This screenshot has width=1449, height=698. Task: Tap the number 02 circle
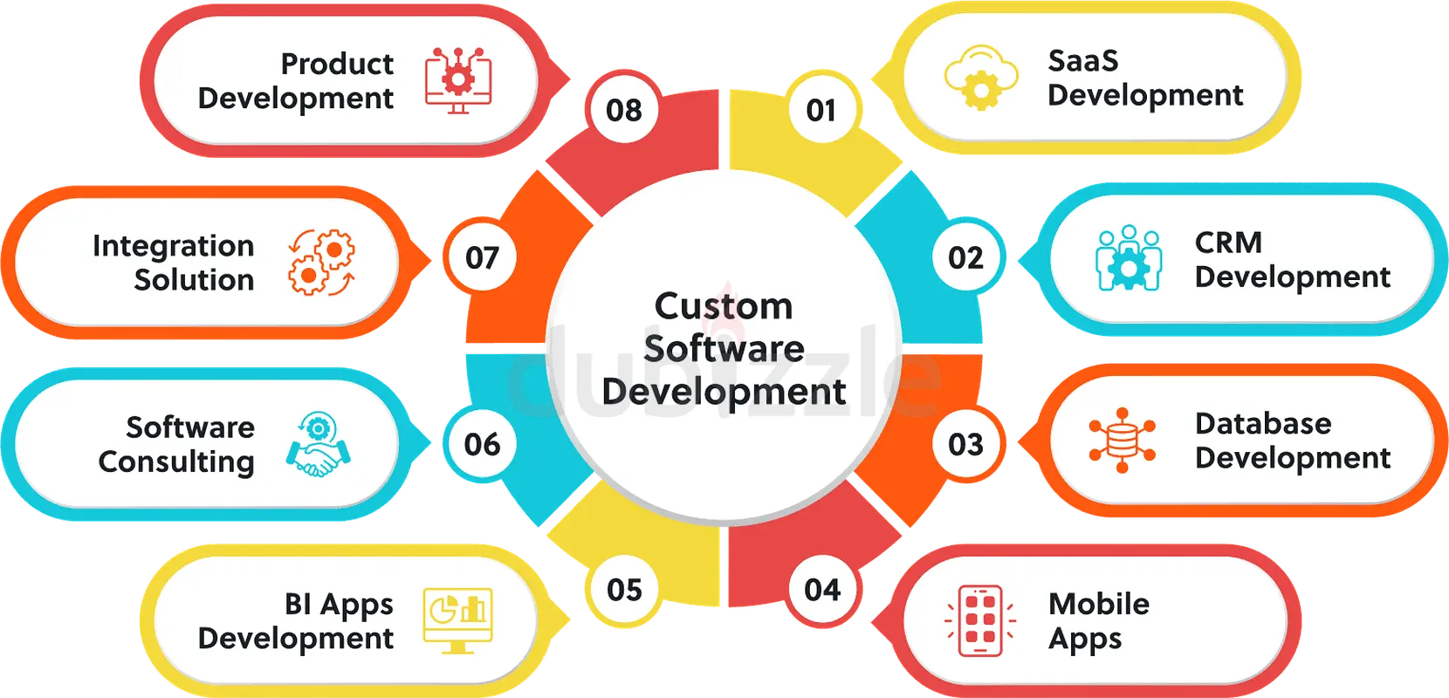pos(966,257)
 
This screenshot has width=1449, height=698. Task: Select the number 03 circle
pos(966,443)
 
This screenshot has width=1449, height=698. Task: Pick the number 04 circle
pos(822,590)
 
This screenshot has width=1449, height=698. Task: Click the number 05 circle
pos(624,590)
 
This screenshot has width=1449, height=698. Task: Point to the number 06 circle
pos(482,443)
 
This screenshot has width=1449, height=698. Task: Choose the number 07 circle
pos(482,257)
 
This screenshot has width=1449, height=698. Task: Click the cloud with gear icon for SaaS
pos(980,78)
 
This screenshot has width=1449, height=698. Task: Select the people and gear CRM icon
pos(1129,258)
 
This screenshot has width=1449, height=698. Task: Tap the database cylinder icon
pos(1123,440)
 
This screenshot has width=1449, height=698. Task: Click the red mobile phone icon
pos(980,621)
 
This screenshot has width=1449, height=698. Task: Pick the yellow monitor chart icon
pos(458,620)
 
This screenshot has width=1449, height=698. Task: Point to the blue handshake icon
pos(319,444)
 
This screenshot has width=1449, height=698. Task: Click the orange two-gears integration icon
pos(321,262)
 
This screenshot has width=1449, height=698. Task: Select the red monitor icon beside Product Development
pos(458,80)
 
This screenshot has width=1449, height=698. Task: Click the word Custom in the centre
pos(724,305)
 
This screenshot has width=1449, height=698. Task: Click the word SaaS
pos(1083,61)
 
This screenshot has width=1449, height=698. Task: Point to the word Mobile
pos(1099,604)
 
